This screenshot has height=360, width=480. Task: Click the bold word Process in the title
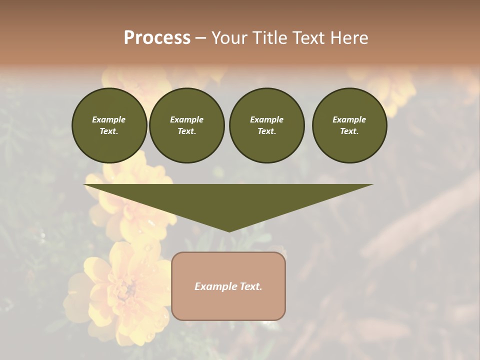pos(157,38)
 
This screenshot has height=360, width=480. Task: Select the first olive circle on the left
pos(109,125)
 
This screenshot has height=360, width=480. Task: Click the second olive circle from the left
pos(186,125)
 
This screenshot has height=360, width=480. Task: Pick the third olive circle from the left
pos(266,125)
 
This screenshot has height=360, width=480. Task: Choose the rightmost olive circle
pos(349,125)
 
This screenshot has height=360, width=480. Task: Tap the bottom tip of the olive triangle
pos(229,230)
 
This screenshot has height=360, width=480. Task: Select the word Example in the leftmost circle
pos(109,119)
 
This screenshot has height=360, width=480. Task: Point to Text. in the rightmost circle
pos(349,131)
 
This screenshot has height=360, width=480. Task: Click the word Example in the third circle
pos(266,119)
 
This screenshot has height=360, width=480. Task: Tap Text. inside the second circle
pos(186,131)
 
